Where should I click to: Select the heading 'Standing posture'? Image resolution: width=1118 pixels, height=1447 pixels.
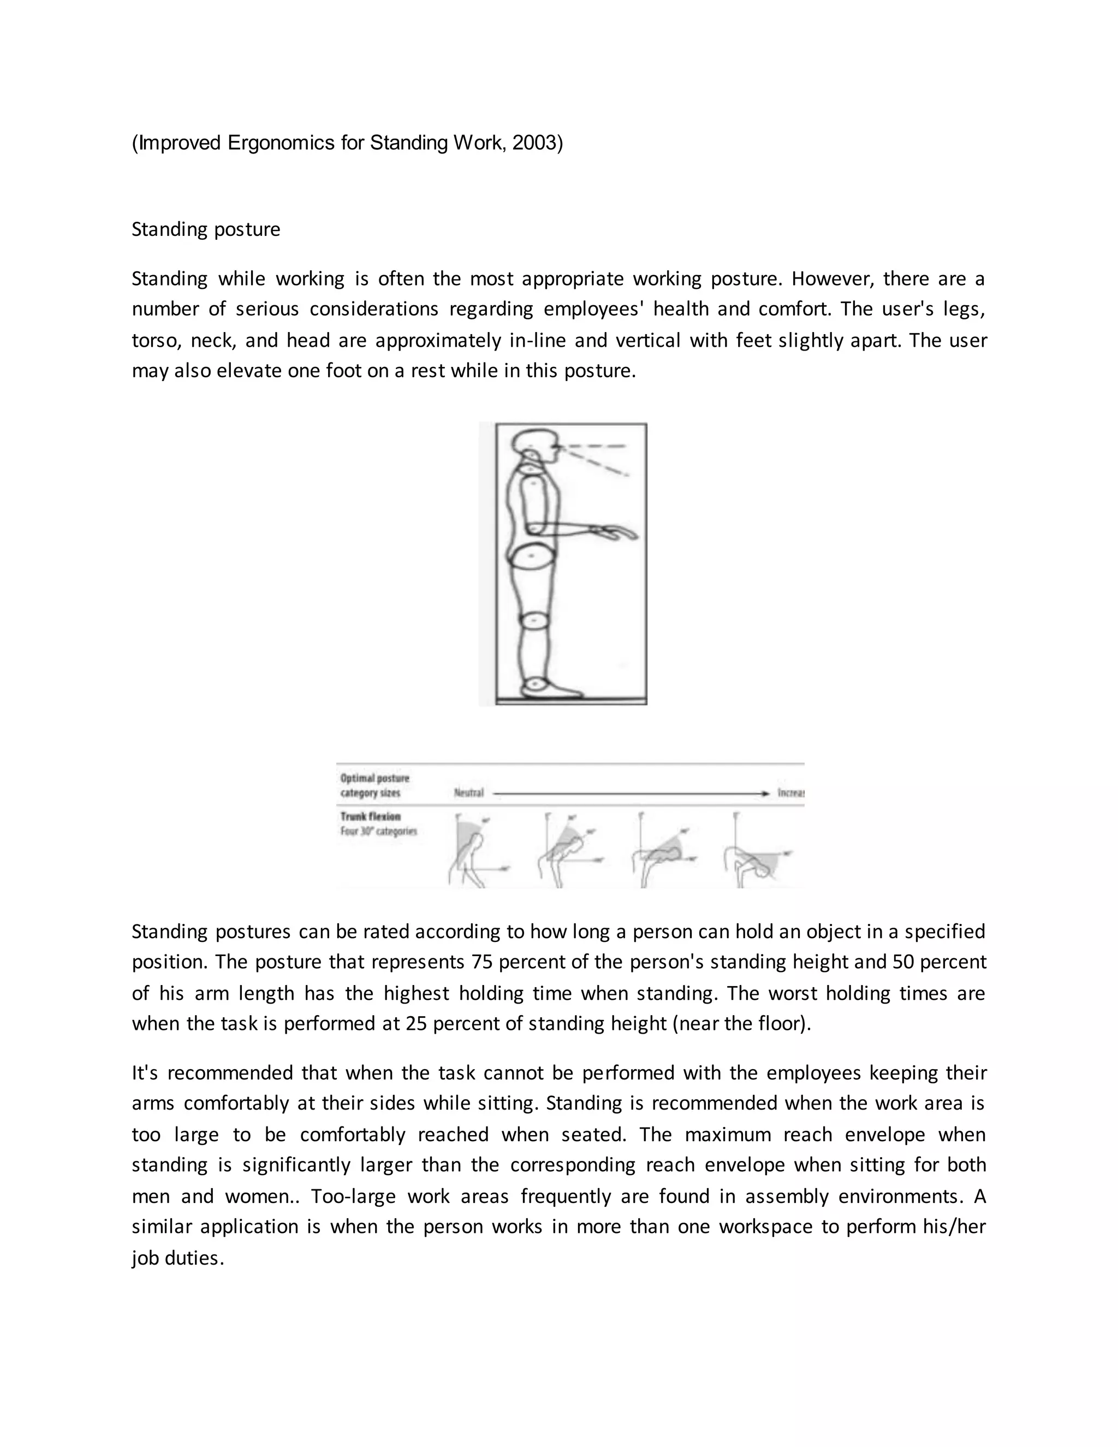click(206, 229)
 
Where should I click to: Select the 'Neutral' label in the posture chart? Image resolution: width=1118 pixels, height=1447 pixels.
click(469, 793)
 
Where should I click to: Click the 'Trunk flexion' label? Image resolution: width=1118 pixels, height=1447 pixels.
click(370, 817)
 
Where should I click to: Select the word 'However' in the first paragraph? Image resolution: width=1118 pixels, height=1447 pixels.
click(832, 278)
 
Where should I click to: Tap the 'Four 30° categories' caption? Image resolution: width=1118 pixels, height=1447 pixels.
click(378, 832)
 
